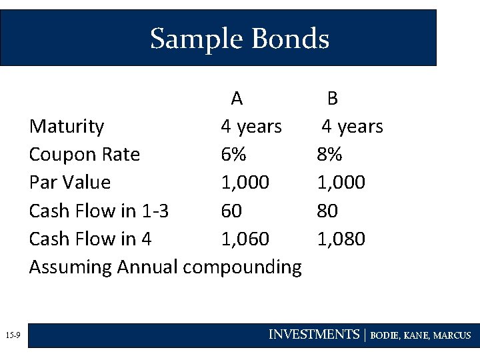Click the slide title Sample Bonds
point(239,39)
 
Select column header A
point(237,99)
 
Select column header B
point(332,99)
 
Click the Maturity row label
point(67,127)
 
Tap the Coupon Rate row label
point(85,155)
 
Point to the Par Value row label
point(70,183)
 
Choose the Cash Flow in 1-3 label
point(99,211)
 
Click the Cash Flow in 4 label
point(90,239)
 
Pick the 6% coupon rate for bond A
point(233,155)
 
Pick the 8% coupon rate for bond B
point(329,155)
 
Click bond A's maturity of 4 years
point(251,127)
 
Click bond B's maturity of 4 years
point(352,127)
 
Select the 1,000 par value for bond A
point(245,183)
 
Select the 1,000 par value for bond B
point(341,183)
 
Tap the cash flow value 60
point(231,211)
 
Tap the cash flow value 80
point(327,211)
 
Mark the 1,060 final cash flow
point(245,239)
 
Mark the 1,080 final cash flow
point(341,239)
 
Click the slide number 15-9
point(13,335)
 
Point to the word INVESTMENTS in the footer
point(313,335)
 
